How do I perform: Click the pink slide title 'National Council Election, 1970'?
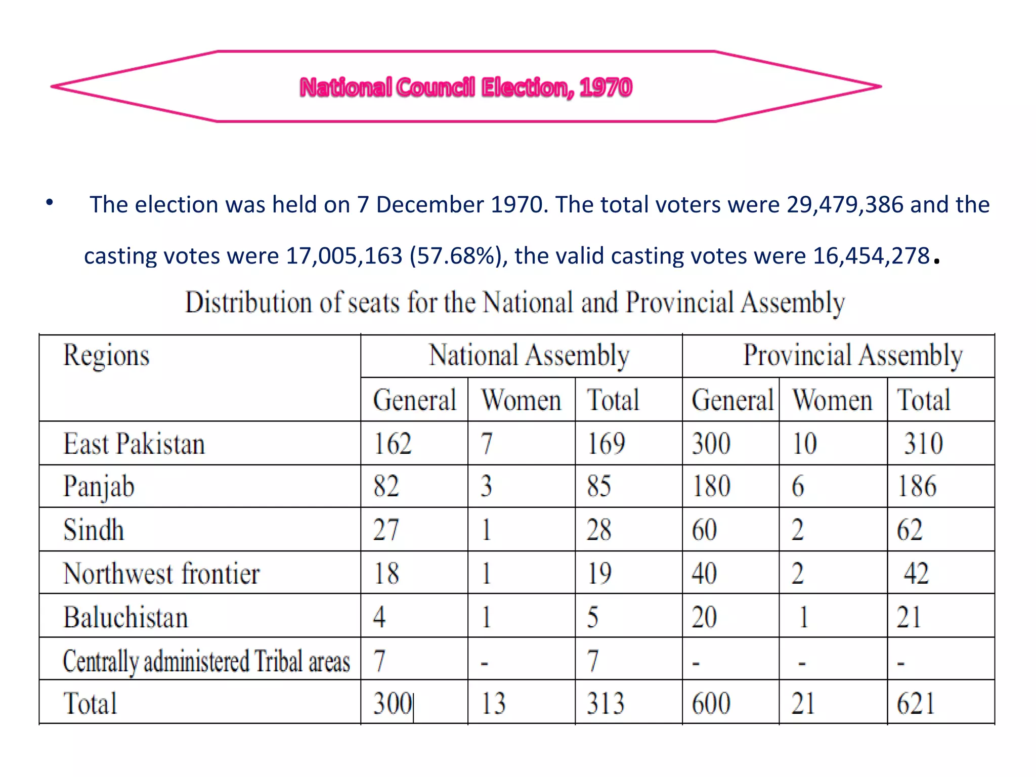466,87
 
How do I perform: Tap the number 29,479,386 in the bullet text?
845,205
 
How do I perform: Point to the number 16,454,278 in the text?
871,256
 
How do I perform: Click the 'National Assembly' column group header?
529,355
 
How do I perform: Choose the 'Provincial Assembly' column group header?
852,355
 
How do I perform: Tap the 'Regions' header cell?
106,355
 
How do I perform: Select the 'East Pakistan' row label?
134,444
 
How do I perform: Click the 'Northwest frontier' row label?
161,574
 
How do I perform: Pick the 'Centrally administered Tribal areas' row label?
206,661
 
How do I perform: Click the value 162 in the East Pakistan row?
393,444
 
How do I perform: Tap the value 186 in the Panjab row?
917,487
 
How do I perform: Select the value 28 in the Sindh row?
599,530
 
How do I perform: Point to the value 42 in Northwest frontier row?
916,574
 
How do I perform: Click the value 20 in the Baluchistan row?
704,617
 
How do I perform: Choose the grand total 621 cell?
916,704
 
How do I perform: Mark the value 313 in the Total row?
606,704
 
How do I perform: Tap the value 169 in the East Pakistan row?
606,444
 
